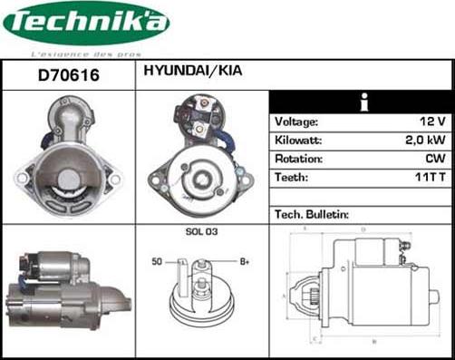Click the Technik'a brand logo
86,24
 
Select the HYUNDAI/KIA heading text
190,70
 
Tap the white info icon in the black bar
362,101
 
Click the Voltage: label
296,122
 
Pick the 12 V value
433,122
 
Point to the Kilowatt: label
299,141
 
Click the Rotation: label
298,159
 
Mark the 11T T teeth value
431,178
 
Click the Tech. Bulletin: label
311,215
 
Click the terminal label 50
157,261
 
